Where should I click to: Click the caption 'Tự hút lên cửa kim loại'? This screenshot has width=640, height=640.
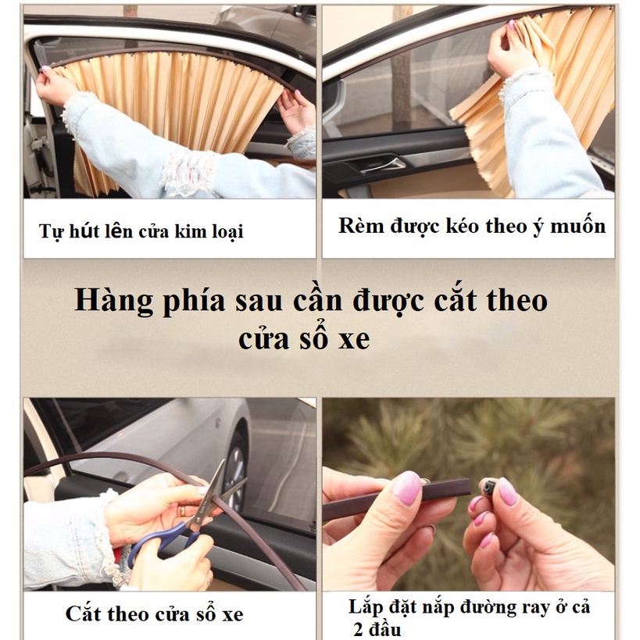click(141, 231)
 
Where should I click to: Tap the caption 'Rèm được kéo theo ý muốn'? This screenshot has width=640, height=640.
click(471, 227)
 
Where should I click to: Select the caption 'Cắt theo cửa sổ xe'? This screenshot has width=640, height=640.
click(154, 613)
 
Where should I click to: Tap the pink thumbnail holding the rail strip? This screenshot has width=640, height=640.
click(406, 488)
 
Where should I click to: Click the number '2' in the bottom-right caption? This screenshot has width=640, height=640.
click(356, 630)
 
